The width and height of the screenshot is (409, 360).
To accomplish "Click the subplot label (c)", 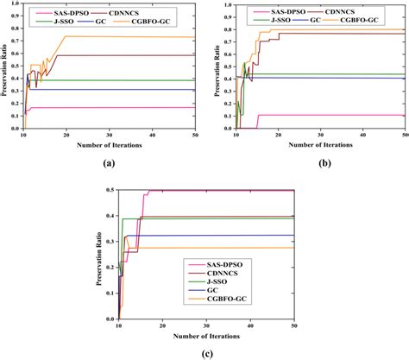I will pyautogui.click(x=204, y=352).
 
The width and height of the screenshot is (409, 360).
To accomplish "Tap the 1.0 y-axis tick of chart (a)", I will pyautogui.click(x=13, y=5).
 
